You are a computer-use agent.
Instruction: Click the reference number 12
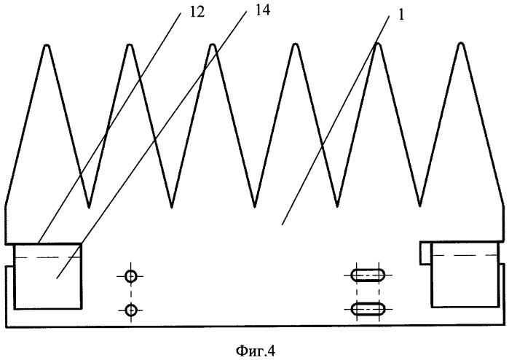(x=197, y=12)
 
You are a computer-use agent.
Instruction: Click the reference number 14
(x=262, y=11)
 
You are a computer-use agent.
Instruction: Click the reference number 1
(x=401, y=15)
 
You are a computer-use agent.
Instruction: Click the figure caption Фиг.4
(x=255, y=351)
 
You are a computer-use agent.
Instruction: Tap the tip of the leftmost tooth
(x=47, y=44)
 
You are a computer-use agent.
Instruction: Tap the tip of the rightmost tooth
(x=460, y=43)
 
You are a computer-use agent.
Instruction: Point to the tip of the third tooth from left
(x=213, y=44)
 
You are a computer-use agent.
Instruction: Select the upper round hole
(x=131, y=276)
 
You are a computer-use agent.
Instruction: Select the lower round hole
(x=131, y=310)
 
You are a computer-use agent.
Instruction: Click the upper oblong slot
(x=368, y=275)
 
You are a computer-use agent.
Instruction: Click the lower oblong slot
(x=368, y=308)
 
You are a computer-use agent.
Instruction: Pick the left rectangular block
(x=47, y=276)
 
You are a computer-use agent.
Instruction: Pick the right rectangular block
(x=465, y=274)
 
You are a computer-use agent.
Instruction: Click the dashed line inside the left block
(x=47, y=257)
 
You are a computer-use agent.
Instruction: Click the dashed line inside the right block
(x=465, y=255)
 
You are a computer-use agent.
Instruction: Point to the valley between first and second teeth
(x=89, y=207)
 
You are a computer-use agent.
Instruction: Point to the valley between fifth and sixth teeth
(x=419, y=206)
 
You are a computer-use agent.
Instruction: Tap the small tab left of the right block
(x=425, y=253)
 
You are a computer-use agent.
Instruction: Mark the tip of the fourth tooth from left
(x=295, y=44)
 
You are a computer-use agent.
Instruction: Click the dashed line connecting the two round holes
(x=131, y=293)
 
